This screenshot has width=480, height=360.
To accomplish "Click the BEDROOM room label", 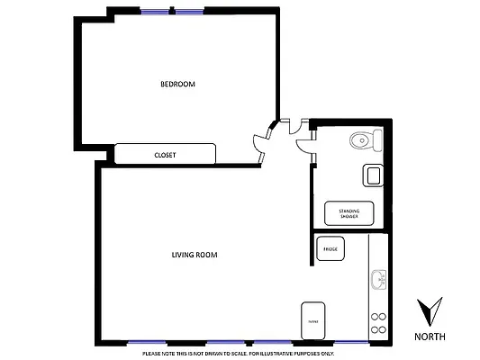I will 177,84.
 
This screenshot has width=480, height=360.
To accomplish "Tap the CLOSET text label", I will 165,155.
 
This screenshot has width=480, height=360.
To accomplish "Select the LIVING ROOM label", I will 195,255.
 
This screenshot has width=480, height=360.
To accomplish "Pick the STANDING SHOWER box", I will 349,214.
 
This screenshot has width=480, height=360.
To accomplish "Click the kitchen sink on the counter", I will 378,279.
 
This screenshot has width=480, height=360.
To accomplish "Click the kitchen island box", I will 313,320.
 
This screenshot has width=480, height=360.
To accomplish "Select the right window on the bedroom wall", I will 189,12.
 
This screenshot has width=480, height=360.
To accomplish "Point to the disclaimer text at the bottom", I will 239,353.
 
